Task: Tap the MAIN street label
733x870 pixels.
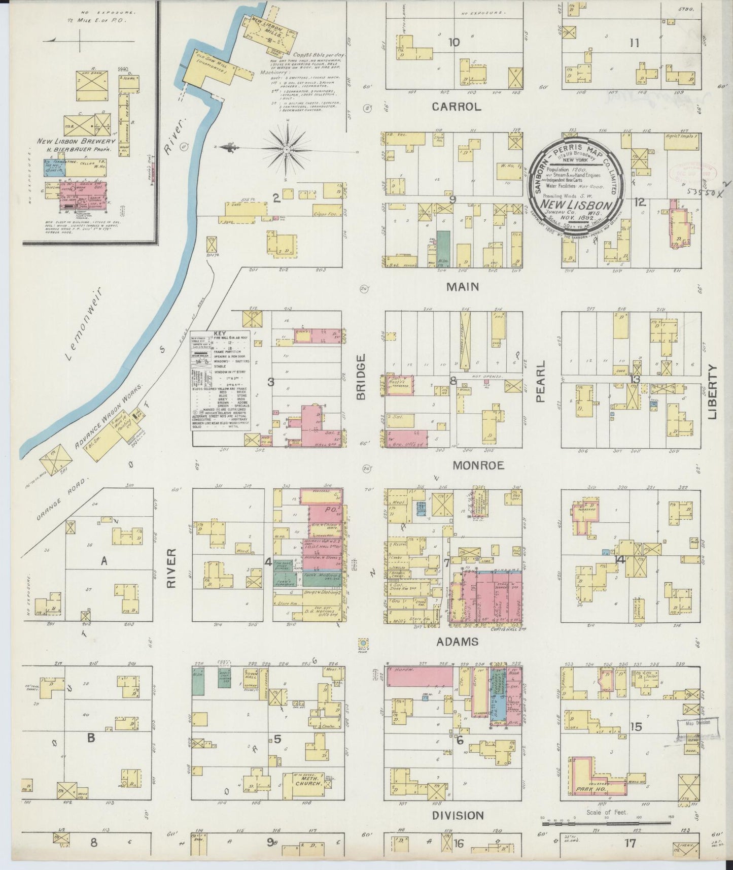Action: point(462,287)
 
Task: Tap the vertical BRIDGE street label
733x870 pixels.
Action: point(361,377)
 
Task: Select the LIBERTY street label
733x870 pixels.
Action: point(713,391)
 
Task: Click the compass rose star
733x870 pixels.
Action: point(286,150)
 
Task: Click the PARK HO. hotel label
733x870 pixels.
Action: point(589,804)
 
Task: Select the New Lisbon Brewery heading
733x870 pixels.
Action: point(76,142)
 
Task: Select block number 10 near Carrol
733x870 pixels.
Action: point(453,43)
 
